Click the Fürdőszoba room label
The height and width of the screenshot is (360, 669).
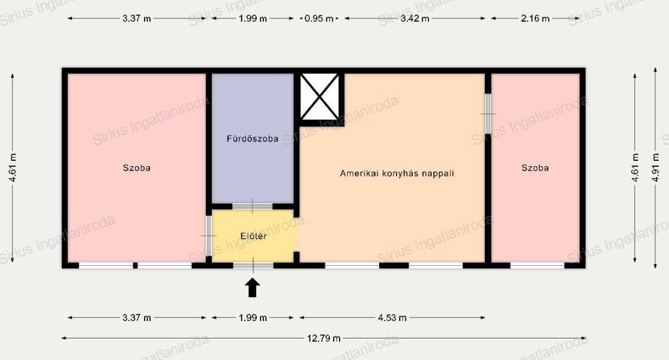[x=253, y=139]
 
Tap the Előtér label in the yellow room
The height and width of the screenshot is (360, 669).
[x=253, y=236]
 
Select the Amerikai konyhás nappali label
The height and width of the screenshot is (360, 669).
[x=397, y=173]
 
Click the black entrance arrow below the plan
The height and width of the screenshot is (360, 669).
[x=253, y=287]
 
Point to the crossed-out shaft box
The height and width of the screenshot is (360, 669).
[x=320, y=97]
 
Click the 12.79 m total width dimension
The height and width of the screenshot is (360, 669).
[x=324, y=338]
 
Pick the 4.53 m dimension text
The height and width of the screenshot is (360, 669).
[x=392, y=318]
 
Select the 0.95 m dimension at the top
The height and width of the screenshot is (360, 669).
[x=319, y=19]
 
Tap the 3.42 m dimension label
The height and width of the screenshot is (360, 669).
[x=415, y=19]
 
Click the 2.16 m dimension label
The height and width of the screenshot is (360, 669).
[x=535, y=19]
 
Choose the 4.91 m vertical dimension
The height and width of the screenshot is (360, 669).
[x=656, y=167]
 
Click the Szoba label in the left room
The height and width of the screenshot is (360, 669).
[x=137, y=168]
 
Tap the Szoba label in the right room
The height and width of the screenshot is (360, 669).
[x=535, y=168]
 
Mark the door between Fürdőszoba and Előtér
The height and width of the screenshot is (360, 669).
[x=252, y=206]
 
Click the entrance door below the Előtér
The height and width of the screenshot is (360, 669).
[x=253, y=265]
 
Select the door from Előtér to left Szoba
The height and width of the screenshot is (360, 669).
[x=209, y=236]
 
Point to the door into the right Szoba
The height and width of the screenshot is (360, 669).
[x=488, y=114]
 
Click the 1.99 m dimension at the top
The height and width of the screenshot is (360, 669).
[x=253, y=19]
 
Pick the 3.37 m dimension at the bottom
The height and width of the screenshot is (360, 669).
[x=137, y=318]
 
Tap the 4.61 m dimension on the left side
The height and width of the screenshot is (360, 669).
[x=13, y=167]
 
